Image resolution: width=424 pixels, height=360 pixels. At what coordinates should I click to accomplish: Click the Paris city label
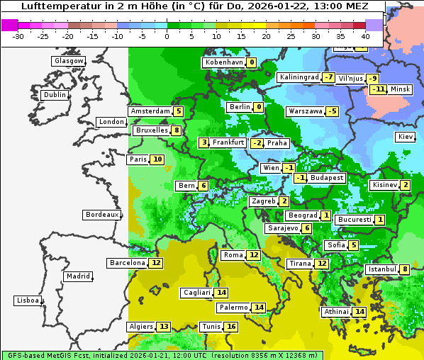pos(138,159)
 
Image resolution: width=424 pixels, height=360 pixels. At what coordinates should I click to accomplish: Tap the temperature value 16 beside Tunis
pos(231,327)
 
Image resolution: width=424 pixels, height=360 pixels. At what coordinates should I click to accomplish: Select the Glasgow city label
pos(69,61)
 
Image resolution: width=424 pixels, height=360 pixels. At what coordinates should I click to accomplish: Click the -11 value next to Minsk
pos(378,89)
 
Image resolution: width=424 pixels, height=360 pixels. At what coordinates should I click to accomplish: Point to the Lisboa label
pos(27,300)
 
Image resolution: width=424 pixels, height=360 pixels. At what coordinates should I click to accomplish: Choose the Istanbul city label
pos(381,269)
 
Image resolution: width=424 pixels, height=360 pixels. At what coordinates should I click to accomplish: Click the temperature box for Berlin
pos(259,107)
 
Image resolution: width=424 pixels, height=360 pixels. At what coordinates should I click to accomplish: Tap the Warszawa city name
pos(305,111)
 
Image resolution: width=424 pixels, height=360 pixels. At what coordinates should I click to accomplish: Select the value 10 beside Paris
pos(157,159)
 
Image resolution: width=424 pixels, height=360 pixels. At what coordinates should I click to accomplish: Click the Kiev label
pos(406,137)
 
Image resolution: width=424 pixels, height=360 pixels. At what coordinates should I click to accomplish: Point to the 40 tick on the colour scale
pos(366,36)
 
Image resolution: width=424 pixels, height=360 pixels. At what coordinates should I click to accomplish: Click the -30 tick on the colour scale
pos(18,36)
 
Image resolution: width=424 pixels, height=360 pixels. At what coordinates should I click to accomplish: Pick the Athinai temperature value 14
pos(359,312)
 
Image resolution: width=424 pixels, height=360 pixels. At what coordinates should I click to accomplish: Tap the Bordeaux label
pos(101,214)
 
